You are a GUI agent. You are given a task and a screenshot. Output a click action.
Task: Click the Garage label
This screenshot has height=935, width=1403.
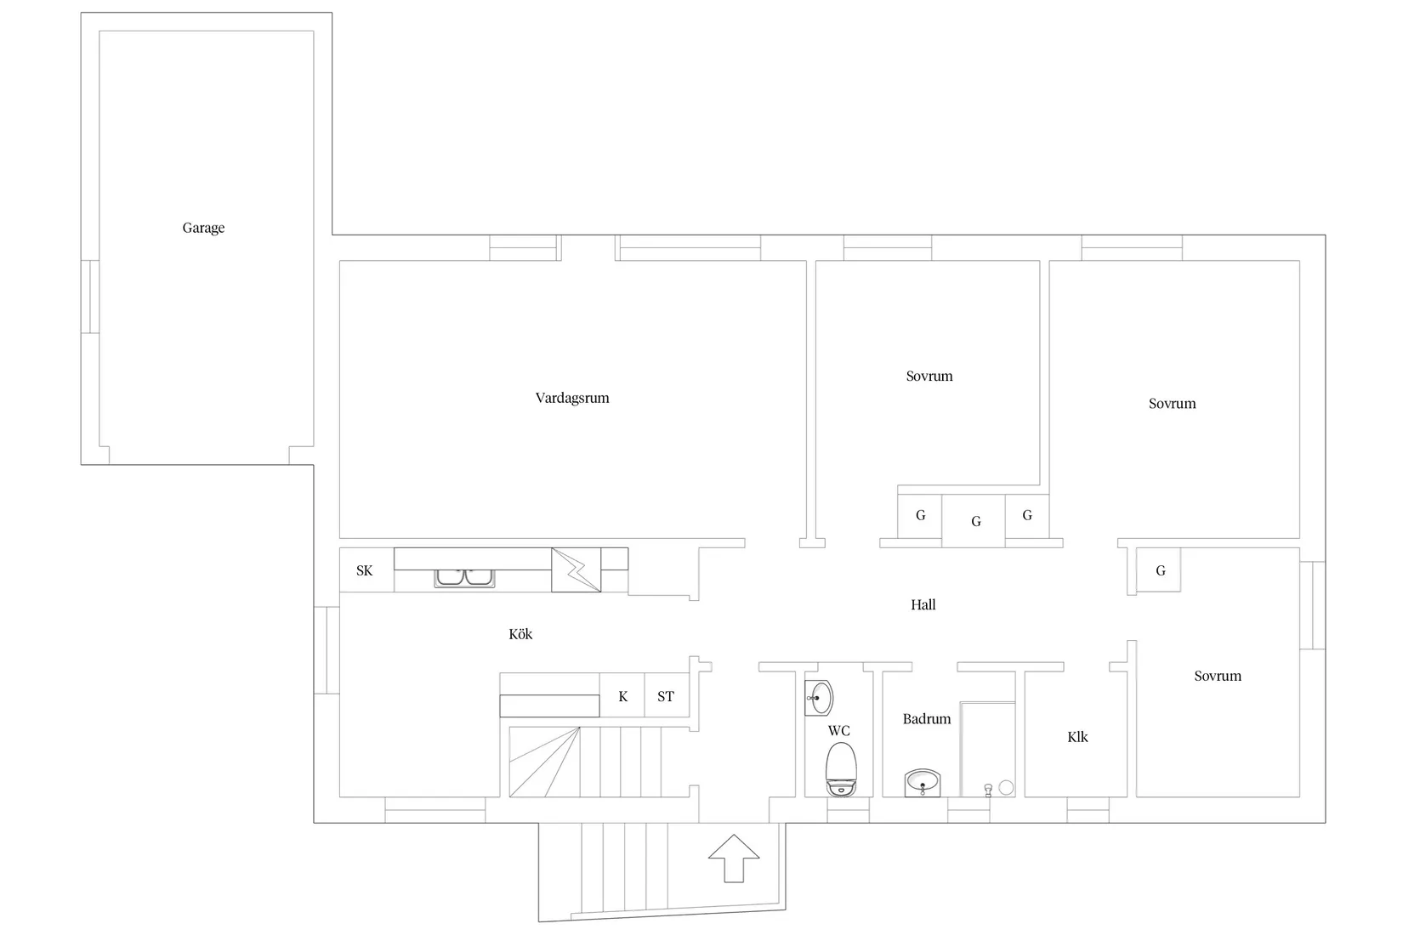[203, 228]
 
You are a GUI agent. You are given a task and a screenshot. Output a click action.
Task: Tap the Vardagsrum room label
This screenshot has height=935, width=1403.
[572, 399]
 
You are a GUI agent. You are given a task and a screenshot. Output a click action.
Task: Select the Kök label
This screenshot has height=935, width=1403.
[520, 634]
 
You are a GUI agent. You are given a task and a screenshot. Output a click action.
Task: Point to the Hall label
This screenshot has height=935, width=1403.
[923, 605]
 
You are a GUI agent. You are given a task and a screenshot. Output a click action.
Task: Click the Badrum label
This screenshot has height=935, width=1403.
[926, 719]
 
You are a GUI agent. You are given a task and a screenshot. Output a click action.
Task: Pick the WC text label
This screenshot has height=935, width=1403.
[838, 731]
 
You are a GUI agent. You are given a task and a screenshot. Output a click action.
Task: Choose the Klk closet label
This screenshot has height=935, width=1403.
[1077, 737]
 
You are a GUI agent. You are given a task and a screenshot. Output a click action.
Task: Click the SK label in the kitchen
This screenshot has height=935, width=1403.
[365, 570]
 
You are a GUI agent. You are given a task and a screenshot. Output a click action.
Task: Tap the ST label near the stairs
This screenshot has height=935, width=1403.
[666, 696]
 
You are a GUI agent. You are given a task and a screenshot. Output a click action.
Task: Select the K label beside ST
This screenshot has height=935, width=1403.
[622, 696]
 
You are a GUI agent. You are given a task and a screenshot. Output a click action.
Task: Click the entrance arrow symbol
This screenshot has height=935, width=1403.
[734, 858]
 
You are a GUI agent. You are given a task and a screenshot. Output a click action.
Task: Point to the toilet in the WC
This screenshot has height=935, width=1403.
[841, 769]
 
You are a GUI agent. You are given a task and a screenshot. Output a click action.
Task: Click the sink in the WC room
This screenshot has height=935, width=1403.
[819, 698]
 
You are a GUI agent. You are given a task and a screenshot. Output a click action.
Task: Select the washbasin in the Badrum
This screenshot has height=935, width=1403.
[923, 783]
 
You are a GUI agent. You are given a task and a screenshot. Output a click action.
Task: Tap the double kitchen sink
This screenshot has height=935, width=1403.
[464, 577]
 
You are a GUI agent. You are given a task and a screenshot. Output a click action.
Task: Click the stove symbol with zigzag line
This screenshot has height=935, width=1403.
[577, 569]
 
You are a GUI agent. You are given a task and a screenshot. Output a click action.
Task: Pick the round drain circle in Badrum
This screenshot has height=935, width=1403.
[1006, 788]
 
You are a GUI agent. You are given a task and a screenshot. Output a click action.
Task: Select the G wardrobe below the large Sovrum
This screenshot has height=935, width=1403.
[1159, 569]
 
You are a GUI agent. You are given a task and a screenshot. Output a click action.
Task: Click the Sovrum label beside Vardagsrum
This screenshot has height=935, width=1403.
[929, 377]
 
